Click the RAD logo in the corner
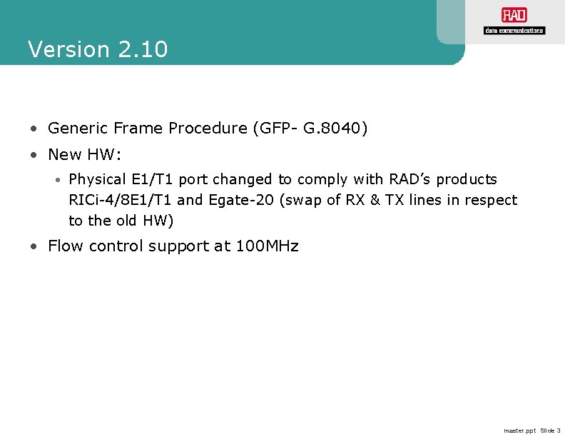(x=514, y=16)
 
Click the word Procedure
(x=208, y=129)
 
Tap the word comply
(x=320, y=179)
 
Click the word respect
(x=492, y=200)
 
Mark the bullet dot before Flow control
(x=34, y=247)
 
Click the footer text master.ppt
(x=519, y=431)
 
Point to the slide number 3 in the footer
(x=559, y=431)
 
